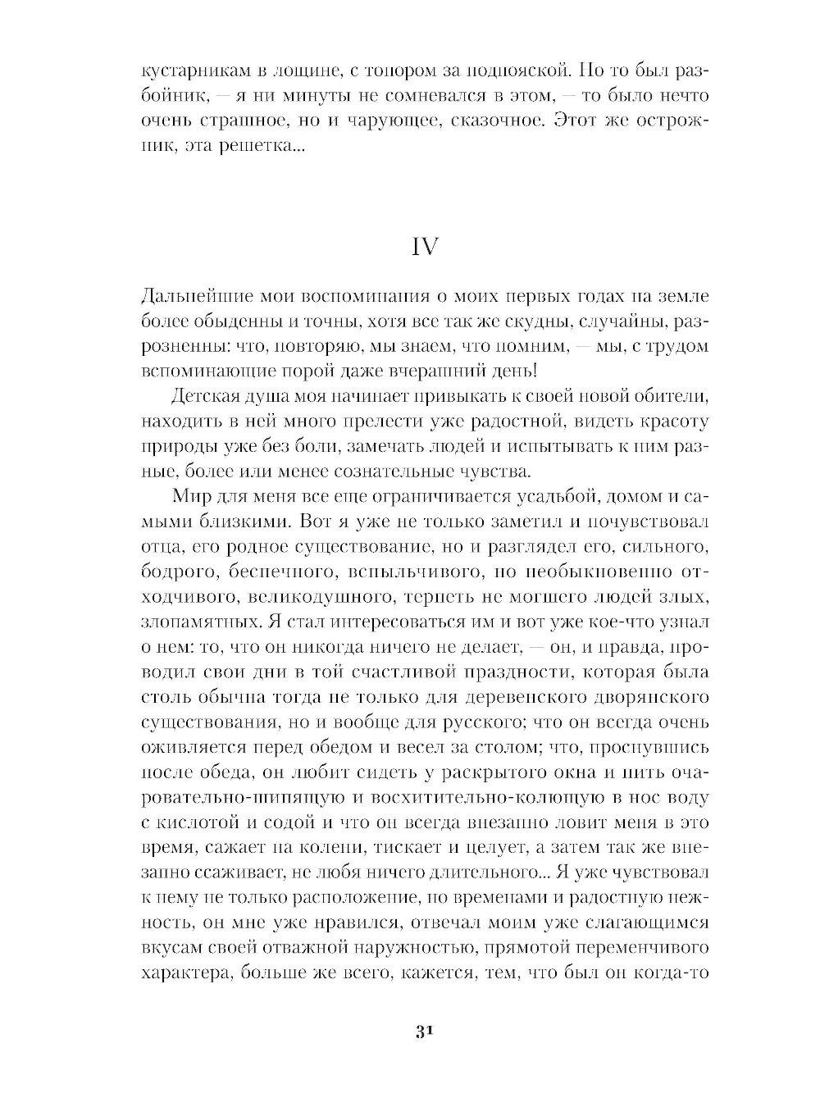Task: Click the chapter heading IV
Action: pyautogui.click(x=424, y=247)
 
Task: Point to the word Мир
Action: pyautogui.click(x=191, y=497)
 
